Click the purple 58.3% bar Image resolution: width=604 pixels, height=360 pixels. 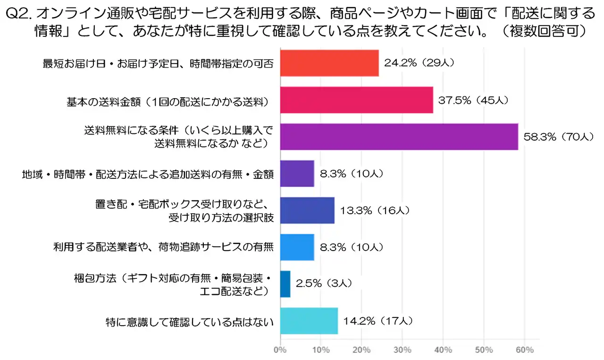coord(399,137)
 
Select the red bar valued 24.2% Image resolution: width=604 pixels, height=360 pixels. coord(329,63)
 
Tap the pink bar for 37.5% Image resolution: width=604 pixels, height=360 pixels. coord(356,100)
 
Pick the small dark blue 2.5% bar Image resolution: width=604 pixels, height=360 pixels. coord(285,284)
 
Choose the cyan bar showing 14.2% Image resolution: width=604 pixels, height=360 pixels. coord(309,321)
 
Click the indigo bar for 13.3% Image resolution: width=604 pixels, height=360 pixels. coord(307,210)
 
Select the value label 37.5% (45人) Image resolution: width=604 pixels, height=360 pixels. coord(473,100)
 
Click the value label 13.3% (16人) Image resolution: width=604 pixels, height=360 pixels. coord(375,210)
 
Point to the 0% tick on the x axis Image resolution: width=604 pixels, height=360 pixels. coord(280,350)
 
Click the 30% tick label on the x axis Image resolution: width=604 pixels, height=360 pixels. coord(403,350)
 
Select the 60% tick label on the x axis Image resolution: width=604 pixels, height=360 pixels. coord(525,350)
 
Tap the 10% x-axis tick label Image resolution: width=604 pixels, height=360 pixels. coord(321,350)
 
